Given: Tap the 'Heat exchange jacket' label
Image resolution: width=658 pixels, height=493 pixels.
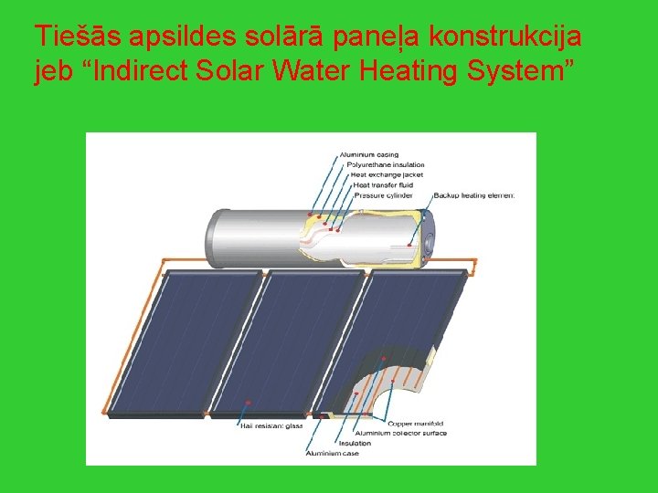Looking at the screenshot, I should click(x=381, y=174).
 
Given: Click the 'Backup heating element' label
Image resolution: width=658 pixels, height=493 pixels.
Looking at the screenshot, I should click(x=473, y=194).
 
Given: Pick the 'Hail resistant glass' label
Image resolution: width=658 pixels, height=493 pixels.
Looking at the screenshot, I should click(x=271, y=425).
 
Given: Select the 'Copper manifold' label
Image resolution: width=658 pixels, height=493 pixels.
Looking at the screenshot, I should click(x=416, y=424).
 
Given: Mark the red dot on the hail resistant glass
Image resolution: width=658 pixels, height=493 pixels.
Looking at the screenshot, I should click(x=249, y=402).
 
